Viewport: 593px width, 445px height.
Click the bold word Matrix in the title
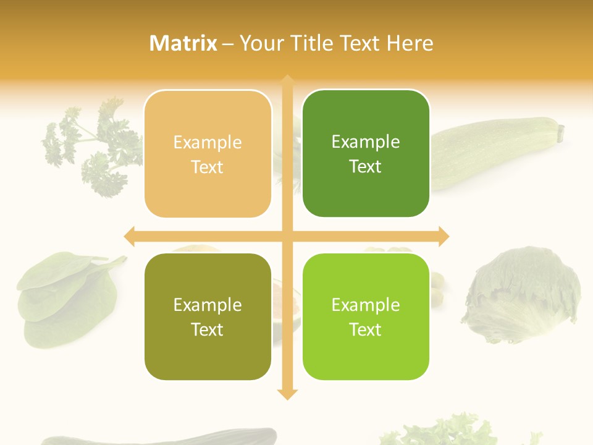click(x=183, y=43)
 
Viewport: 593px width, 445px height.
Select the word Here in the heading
click(x=410, y=43)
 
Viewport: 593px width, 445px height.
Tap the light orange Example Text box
click(x=208, y=154)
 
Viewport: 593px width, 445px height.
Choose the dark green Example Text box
click(x=366, y=153)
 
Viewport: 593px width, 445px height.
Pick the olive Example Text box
click(x=208, y=316)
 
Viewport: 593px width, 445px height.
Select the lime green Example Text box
click(x=366, y=316)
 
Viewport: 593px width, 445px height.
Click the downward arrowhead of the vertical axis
click(x=287, y=394)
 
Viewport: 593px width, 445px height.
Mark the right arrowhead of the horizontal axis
click(x=443, y=236)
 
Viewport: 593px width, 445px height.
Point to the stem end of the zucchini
click(x=560, y=132)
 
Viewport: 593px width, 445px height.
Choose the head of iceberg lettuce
click(x=522, y=294)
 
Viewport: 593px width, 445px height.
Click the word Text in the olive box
click(x=208, y=329)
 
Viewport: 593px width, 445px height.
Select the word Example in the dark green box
click(x=366, y=142)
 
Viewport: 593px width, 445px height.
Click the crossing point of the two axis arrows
click(x=287, y=236)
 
